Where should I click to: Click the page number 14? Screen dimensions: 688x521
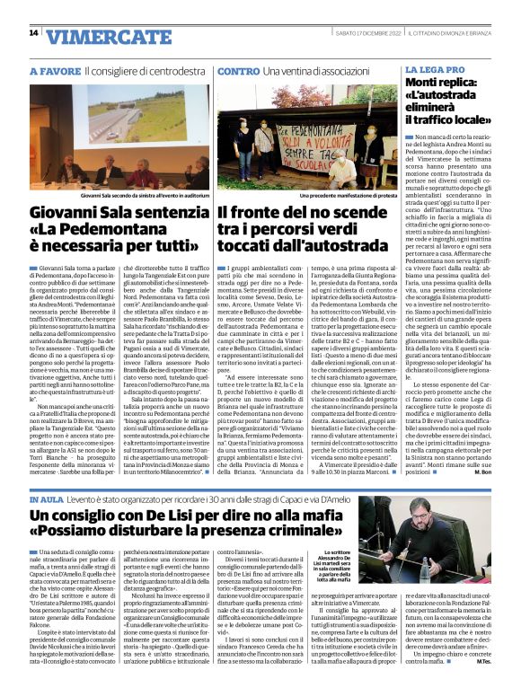tap(33, 33)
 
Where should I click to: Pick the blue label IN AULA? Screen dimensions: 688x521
tap(47, 496)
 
